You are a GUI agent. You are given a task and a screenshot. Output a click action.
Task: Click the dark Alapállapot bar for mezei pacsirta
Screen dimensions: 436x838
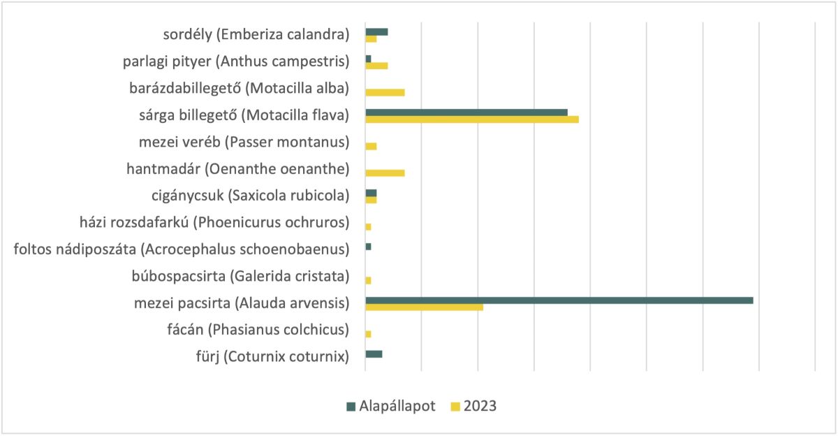(x=559, y=300)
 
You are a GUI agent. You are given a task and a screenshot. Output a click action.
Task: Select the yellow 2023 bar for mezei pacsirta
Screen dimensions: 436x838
(x=424, y=307)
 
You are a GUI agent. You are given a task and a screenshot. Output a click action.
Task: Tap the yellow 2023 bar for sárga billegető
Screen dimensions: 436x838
(x=472, y=119)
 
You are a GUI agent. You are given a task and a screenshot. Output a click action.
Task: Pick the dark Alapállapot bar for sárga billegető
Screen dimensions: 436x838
(x=466, y=112)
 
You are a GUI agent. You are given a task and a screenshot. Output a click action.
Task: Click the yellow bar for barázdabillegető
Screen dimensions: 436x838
(x=385, y=92)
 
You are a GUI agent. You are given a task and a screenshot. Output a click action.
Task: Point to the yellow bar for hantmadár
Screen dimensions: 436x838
(x=385, y=173)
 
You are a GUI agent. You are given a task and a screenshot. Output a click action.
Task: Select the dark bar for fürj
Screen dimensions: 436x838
(x=374, y=354)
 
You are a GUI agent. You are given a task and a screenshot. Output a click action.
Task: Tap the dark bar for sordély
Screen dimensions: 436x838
(x=376, y=32)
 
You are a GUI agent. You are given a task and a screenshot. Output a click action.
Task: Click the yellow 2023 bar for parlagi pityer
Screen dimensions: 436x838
(x=376, y=66)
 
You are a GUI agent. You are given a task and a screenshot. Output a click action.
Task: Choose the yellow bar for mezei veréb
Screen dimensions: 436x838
(x=371, y=146)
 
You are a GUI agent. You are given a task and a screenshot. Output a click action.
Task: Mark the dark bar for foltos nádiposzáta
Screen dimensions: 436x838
(x=368, y=247)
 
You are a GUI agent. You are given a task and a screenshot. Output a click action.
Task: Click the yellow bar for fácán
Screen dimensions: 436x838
(x=368, y=334)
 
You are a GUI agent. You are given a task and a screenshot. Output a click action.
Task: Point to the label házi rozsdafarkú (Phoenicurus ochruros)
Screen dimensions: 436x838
(x=214, y=223)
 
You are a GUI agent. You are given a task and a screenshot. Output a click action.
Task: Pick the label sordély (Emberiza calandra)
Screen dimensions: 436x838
(x=253, y=35)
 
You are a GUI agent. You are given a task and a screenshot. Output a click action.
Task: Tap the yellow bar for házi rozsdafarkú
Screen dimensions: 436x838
(x=368, y=227)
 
